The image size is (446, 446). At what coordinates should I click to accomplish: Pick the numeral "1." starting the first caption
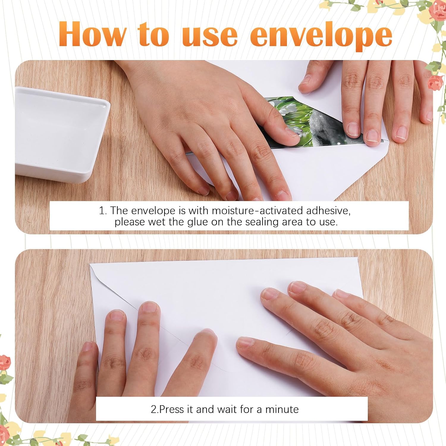coord(103,211)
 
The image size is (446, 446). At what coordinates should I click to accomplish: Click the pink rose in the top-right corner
coord(438,10)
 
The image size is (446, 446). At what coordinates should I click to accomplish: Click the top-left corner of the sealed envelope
coord(90,264)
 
